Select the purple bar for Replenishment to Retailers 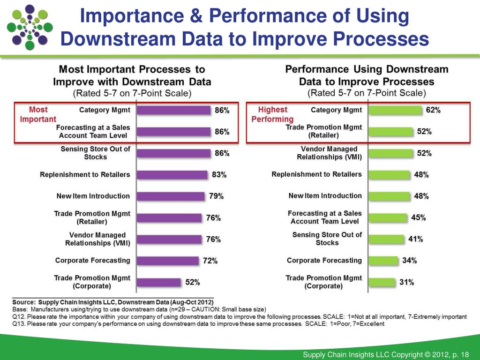(x=172, y=175)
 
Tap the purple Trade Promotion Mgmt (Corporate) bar (x=158, y=282)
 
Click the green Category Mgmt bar (x=395, y=110)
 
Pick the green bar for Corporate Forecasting (x=383, y=261)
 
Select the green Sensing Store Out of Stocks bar (x=386, y=239)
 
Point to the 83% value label (x=219, y=175)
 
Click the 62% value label (x=433, y=110)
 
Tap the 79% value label (x=216, y=196)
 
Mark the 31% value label (x=406, y=282)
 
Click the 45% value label (x=418, y=217)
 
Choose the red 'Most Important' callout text (x=38, y=114)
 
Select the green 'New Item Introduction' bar (x=388, y=196)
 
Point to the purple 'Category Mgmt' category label (x=105, y=110)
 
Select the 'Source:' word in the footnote (x=23, y=302)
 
